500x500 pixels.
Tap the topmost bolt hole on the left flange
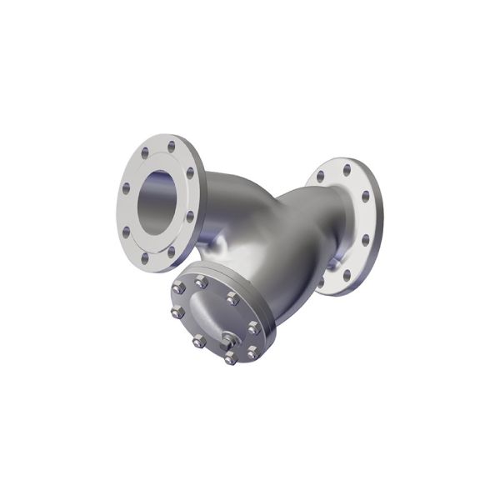tap(172, 147)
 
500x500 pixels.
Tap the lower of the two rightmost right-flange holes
tap(365, 240)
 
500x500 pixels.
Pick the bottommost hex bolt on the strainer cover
tap(230, 359)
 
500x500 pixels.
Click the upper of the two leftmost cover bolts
tap(179, 288)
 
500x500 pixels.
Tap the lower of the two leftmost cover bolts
tap(177, 313)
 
